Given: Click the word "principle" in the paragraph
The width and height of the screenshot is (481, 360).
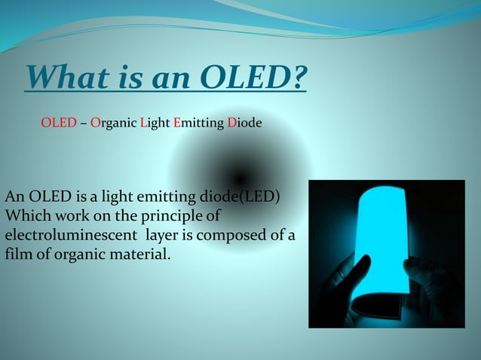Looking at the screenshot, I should [172, 217].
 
